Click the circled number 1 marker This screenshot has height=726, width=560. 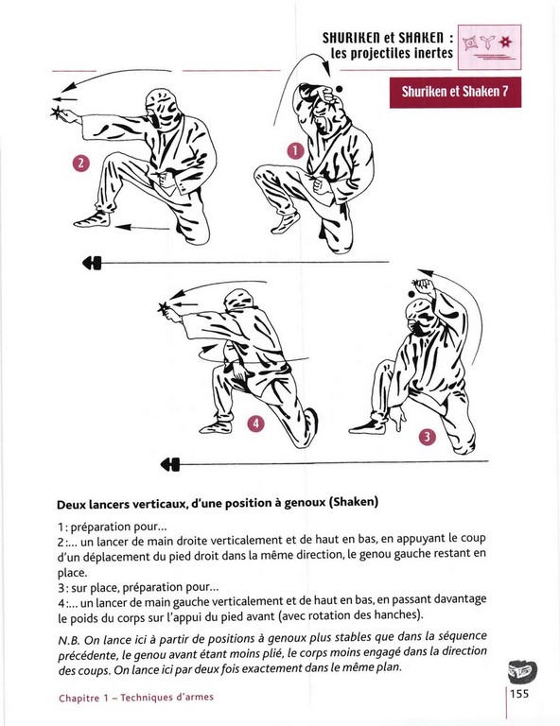click(295, 151)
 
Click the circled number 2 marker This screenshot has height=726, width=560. click(81, 163)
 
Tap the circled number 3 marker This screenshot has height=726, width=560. click(427, 437)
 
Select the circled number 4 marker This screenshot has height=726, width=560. click(255, 423)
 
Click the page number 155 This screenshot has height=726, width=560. click(519, 694)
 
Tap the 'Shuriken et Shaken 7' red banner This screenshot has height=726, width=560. click(455, 92)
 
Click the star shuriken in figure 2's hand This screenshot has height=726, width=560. click(57, 112)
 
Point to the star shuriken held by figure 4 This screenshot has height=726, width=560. click(163, 307)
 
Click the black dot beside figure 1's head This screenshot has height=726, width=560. click(339, 89)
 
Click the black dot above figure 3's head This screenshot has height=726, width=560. click(411, 294)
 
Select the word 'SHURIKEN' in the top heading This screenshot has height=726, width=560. click(350, 38)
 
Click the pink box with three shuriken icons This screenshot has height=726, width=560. click(490, 47)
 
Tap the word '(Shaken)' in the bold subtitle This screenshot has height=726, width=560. click(353, 502)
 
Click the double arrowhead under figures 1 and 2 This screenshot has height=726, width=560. click(92, 263)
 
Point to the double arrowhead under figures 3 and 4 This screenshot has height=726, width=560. click(170, 464)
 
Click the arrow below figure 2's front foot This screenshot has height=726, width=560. click(142, 227)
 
